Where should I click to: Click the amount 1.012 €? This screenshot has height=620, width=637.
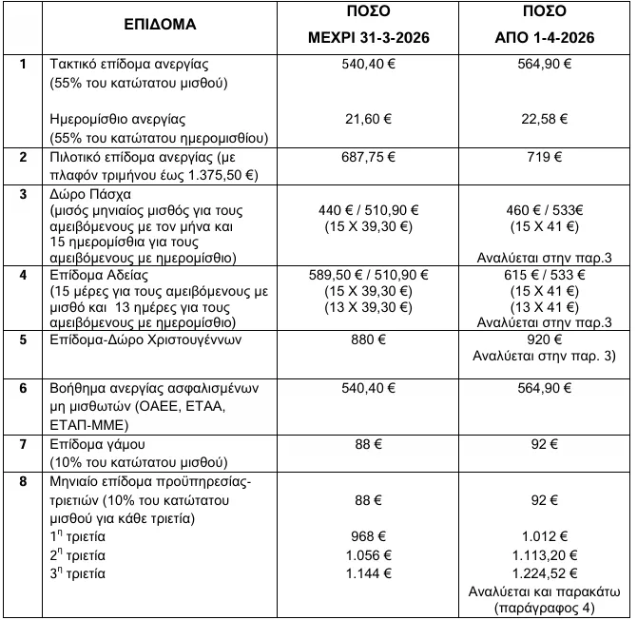545,536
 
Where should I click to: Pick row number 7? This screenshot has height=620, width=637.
23,446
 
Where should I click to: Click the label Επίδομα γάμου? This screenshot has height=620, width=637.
100,446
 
